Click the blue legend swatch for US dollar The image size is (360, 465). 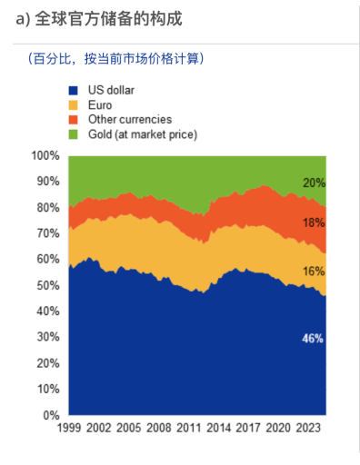(74, 91)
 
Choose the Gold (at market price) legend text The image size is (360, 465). (142, 134)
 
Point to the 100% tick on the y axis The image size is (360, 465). (45, 156)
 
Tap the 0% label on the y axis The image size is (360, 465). (51, 415)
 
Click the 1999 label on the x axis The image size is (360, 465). (69, 428)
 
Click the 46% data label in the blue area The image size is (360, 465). (313, 339)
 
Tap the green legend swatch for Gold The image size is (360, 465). (74, 134)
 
